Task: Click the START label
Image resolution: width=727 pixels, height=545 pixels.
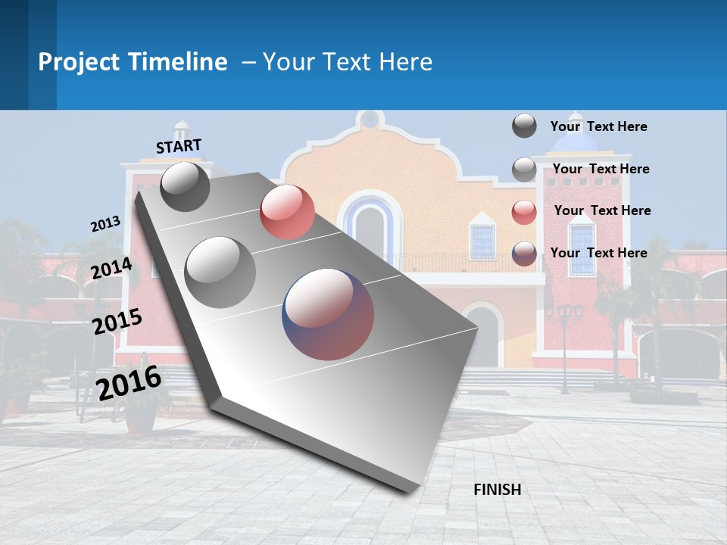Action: click(179, 146)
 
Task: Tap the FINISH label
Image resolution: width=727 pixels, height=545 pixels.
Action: click(497, 490)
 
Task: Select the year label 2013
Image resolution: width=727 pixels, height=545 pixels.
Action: click(105, 224)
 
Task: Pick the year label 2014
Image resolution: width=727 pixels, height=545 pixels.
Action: click(111, 269)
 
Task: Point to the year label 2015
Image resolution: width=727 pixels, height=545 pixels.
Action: click(117, 322)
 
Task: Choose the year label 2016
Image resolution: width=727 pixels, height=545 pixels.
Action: click(129, 382)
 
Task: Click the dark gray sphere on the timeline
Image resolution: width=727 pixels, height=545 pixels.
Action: click(186, 186)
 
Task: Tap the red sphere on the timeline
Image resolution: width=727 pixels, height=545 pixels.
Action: click(287, 212)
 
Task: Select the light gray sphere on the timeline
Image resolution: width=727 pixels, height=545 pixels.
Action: click(220, 272)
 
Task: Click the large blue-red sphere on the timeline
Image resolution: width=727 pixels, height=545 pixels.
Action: click(328, 314)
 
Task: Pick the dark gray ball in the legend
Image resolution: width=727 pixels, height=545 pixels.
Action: click(524, 126)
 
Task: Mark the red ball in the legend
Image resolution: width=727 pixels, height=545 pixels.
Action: click(524, 212)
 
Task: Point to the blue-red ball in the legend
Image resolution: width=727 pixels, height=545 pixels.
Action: click(524, 254)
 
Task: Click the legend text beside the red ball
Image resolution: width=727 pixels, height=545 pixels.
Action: click(602, 210)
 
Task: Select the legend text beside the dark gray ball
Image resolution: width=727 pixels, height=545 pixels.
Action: click(598, 126)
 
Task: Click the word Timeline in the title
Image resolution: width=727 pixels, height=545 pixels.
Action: click(176, 62)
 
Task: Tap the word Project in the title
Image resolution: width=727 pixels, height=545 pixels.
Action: click(80, 62)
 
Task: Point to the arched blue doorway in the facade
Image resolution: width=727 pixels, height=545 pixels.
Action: click(370, 228)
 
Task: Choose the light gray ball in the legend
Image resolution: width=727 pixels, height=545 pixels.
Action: click(524, 170)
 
